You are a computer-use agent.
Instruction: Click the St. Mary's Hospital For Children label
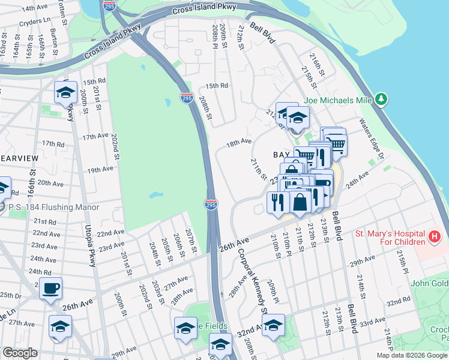point(390,237)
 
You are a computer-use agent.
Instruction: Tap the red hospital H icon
point(435,238)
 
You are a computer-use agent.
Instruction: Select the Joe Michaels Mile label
point(339,100)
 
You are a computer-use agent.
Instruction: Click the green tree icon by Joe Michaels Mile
point(381,99)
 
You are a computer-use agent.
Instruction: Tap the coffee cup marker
point(50,289)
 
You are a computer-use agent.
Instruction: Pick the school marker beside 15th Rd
point(65,92)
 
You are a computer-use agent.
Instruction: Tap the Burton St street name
point(55,38)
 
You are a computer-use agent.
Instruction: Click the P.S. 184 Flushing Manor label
point(44,208)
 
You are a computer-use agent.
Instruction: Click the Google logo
point(20,353)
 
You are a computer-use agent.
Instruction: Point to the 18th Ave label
point(238,142)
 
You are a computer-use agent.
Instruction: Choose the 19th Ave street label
point(100,170)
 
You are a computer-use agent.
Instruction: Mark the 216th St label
point(318,64)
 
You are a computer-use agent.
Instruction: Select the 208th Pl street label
point(214,36)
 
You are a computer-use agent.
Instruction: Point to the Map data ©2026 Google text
point(412,355)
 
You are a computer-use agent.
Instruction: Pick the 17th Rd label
point(53,144)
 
